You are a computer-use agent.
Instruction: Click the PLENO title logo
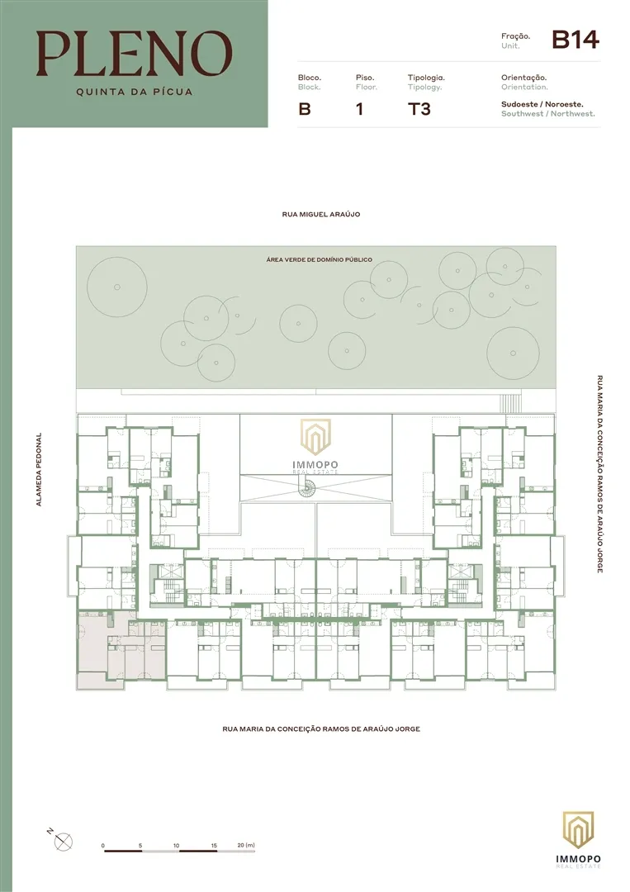[x=135, y=54]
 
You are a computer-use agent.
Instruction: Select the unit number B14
[x=576, y=40]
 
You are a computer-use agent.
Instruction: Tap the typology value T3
[x=419, y=109]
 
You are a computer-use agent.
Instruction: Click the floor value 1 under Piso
[x=359, y=109]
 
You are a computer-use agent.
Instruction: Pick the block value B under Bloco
[x=304, y=109]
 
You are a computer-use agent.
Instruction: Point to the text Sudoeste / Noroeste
[x=542, y=104]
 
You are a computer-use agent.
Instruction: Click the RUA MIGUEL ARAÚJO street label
[x=320, y=215]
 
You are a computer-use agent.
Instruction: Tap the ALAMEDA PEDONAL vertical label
[x=39, y=469]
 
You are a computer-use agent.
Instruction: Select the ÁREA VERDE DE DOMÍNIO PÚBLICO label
[x=319, y=259]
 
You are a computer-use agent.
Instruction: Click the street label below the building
[x=321, y=728]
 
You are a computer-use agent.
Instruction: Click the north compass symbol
[x=63, y=842]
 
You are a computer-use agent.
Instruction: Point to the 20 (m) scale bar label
[x=245, y=846]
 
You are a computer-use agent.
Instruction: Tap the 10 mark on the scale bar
[x=176, y=846]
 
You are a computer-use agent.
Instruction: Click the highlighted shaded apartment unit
[x=121, y=651]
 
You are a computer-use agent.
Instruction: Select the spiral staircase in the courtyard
[x=308, y=487]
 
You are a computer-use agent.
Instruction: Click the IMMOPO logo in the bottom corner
[x=578, y=840]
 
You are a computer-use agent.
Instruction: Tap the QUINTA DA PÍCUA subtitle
[x=135, y=92]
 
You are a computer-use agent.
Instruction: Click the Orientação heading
[x=523, y=78]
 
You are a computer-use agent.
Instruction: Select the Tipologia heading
[x=426, y=78]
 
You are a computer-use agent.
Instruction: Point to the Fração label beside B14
[x=515, y=36]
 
